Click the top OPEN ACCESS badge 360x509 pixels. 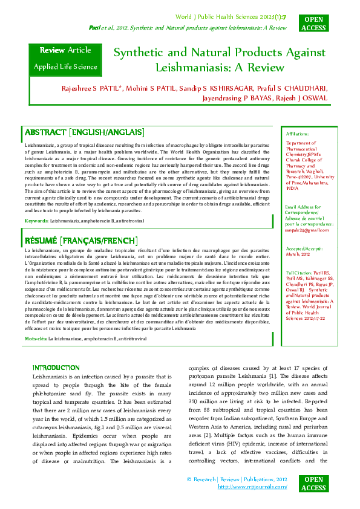pyautogui.click(x=314, y=24)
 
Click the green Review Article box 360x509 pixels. pyautogui.click(x=65, y=58)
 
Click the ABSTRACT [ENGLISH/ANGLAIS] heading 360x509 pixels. pyautogui.click(x=84, y=132)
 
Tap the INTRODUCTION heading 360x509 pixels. pyautogui.click(x=56, y=368)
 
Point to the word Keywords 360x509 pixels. pyautogui.click(x=36, y=222)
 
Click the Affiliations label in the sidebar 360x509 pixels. pyautogui.click(x=297, y=134)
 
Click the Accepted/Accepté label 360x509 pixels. pyautogui.click(x=304, y=248)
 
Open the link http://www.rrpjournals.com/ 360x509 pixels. pyautogui.click(x=252, y=486)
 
